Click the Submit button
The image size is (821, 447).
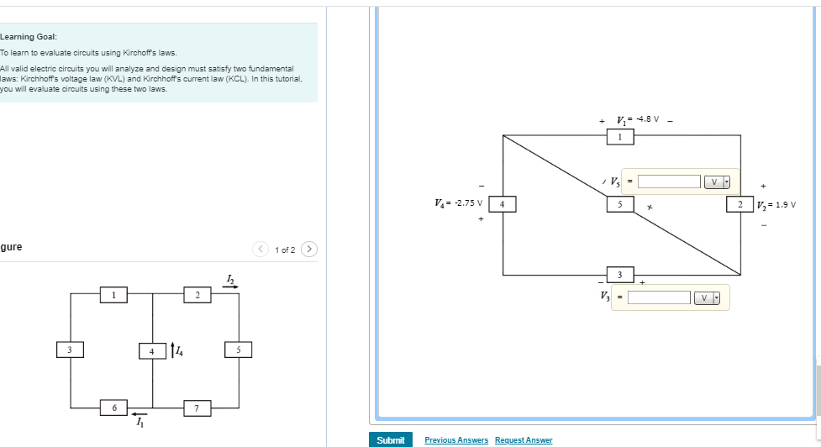(x=390, y=439)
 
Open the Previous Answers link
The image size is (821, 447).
(x=456, y=440)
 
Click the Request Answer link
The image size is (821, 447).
(x=524, y=440)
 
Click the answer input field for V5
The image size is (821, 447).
(x=669, y=181)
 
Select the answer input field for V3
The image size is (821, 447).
(x=659, y=297)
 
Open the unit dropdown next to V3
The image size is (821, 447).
(x=707, y=297)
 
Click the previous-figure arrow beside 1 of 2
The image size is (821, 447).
(x=261, y=249)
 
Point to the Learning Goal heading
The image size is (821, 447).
(x=29, y=37)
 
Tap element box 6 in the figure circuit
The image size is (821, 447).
(x=113, y=408)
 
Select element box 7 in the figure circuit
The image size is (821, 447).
(x=197, y=408)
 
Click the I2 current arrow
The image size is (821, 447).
(x=230, y=287)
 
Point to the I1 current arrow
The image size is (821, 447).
(x=139, y=413)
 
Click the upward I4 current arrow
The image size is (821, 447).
(x=171, y=349)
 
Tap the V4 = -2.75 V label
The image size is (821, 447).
(x=458, y=202)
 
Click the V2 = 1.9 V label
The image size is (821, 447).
(x=776, y=204)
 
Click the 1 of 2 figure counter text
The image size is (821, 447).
(x=285, y=250)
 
